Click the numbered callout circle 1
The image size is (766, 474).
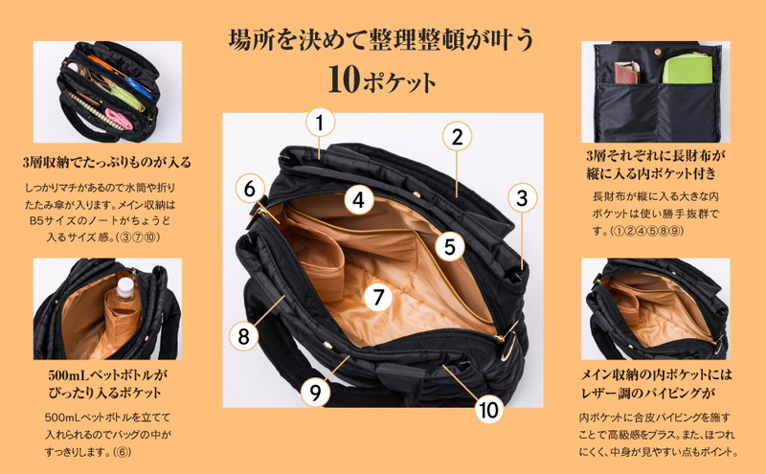click(x=320, y=123)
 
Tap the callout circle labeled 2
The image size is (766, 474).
click(x=457, y=137)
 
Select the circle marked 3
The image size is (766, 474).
click(x=522, y=198)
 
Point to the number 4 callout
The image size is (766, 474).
click(x=359, y=200)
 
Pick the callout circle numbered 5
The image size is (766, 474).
click(x=450, y=247)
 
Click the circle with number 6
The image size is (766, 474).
click(x=250, y=189)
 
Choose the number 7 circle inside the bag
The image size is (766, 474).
click(x=377, y=297)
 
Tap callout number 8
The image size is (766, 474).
click(x=244, y=336)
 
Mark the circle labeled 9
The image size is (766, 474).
click(x=315, y=392)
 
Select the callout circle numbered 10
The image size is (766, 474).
click(x=488, y=410)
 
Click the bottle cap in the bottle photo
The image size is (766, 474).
click(x=125, y=282)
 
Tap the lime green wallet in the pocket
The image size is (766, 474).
click(x=687, y=68)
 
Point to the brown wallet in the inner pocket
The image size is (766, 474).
click(x=626, y=73)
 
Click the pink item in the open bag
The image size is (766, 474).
click(x=119, y=119)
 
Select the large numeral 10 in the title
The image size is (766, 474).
click(x=344, y=80)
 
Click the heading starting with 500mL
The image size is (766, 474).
click(x=107, y=384)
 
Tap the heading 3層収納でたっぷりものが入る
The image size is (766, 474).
click(x=107, y=162)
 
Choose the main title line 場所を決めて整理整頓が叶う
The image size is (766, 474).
click(x=381, y=40)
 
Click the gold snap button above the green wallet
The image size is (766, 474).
click(x=657, y=52)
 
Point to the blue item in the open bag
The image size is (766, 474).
click(x=139, y=86)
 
